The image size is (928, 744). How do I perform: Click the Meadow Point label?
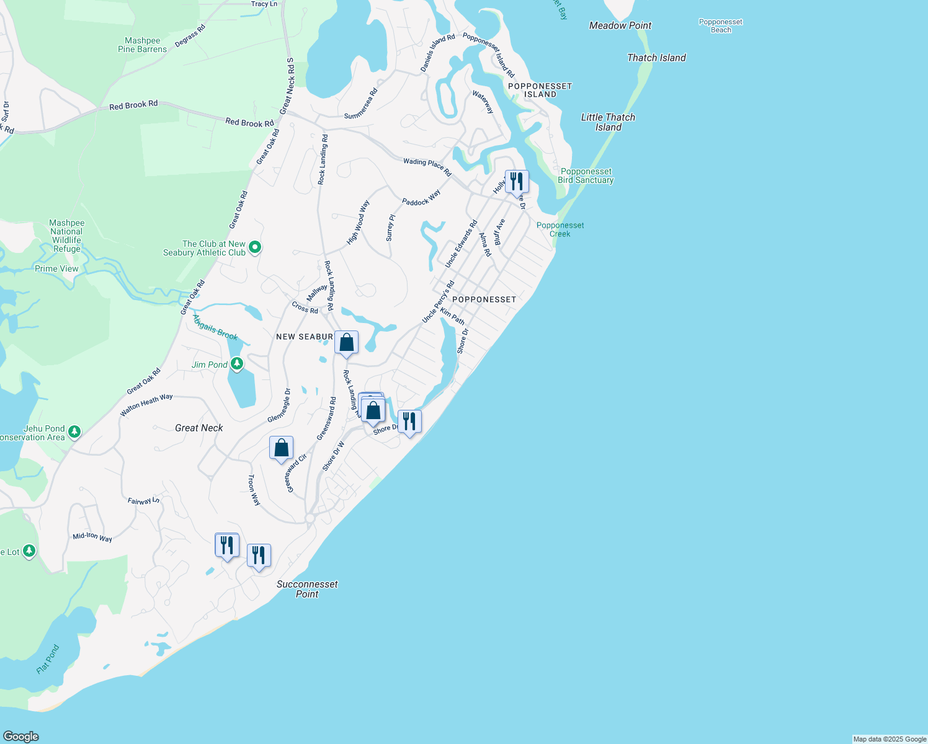[620, 25]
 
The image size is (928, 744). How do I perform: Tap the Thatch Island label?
[656, 58]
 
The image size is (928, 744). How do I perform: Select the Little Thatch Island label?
[608, 122]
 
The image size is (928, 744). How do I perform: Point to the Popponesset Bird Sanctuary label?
[586, 176]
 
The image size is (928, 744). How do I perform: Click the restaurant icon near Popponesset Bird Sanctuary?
[517, 182]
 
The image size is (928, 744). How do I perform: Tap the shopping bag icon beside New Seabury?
[347, 343]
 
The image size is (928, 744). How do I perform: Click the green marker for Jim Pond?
[236, 364]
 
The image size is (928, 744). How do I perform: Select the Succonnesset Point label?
[307, 589]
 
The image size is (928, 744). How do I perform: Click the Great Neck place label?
[199, 428]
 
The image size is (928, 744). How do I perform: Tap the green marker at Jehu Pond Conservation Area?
[74, 431]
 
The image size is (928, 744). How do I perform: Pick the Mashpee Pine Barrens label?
[143, 45]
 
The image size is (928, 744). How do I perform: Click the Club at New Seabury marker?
[255, 248]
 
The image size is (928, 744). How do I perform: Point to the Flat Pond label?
[48, 659]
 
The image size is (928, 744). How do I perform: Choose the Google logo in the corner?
[21, 737]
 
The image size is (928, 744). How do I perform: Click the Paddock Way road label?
[421, 198]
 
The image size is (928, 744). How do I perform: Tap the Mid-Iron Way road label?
[92, 537]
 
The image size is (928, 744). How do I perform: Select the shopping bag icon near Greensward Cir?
[281, 448]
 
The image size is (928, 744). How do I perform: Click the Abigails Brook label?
[215, 327]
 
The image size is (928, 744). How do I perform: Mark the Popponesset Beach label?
[720, 25]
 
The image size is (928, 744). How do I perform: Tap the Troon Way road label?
[254, 490]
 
